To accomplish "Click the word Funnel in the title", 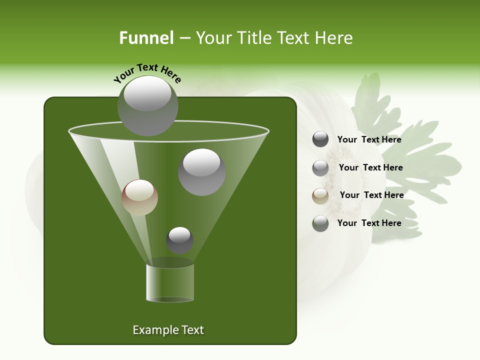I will [146, 38].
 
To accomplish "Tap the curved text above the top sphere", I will [147, 72].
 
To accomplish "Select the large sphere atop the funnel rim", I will [148, 105].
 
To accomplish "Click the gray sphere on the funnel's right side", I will [201, 172].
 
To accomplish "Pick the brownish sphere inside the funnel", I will [139, 197].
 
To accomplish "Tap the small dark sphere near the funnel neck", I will [179, 240].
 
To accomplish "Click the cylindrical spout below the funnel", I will [170, 282].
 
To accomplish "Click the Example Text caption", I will [168, 330].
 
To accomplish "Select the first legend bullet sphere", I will [320, 139].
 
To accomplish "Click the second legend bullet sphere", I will [320, 168].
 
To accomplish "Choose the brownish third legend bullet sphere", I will [320, 196].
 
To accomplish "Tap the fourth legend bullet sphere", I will [320, 223].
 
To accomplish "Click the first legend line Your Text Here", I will [369, 140].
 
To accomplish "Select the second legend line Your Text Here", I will [370, 168].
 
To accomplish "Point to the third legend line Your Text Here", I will [371, 195].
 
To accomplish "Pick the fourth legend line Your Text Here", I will [369, 223].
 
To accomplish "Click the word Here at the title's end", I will [334, 38].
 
